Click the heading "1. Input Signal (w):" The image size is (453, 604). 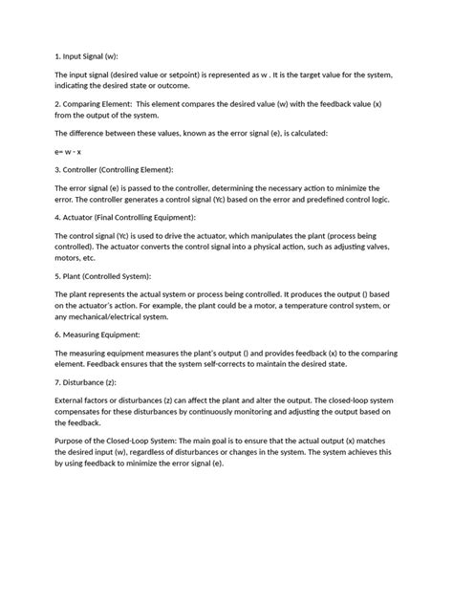pyautogui.click(x=87, y=54)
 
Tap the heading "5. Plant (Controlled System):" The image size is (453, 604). pyautogui.click(x=100, y=277)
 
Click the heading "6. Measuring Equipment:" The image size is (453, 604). pyautogui.click(x=98, y=335)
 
